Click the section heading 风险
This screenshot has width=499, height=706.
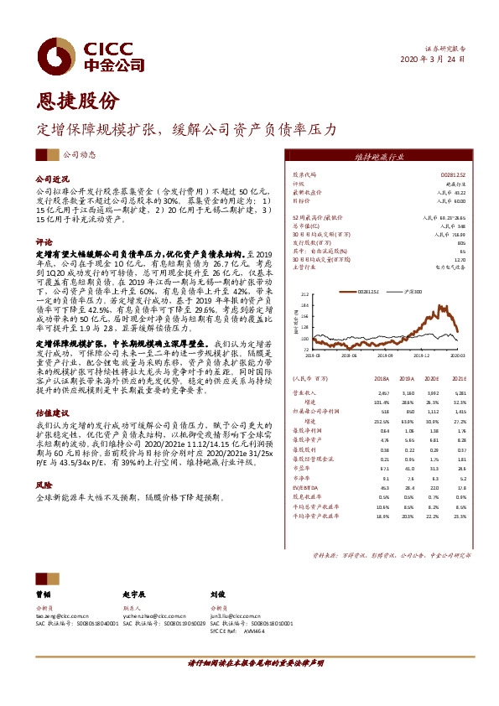(43, 485)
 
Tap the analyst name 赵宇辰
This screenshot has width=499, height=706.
(134, 592)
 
